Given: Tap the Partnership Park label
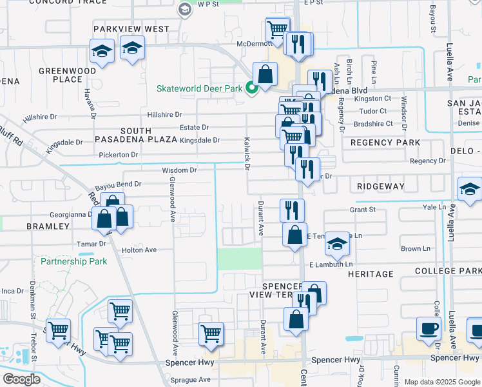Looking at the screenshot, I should (x=73, y=262).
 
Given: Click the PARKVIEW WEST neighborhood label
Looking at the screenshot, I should (x=131, y=29).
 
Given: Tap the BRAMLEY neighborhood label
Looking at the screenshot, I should (x=48, y=226).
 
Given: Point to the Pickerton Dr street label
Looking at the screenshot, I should (x=119, y=155).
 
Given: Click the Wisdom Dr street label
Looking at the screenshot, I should (x=179, y=170).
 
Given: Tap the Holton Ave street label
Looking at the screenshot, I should (x=139, y=250).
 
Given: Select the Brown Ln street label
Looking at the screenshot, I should (x=415, y=248).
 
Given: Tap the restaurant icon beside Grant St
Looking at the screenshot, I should (x=293, y=210).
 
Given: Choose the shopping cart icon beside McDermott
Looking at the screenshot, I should (x=277, y=29).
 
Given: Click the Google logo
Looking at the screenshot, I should (x=21, y=379).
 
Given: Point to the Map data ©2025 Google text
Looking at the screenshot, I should (x=441, y=382).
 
